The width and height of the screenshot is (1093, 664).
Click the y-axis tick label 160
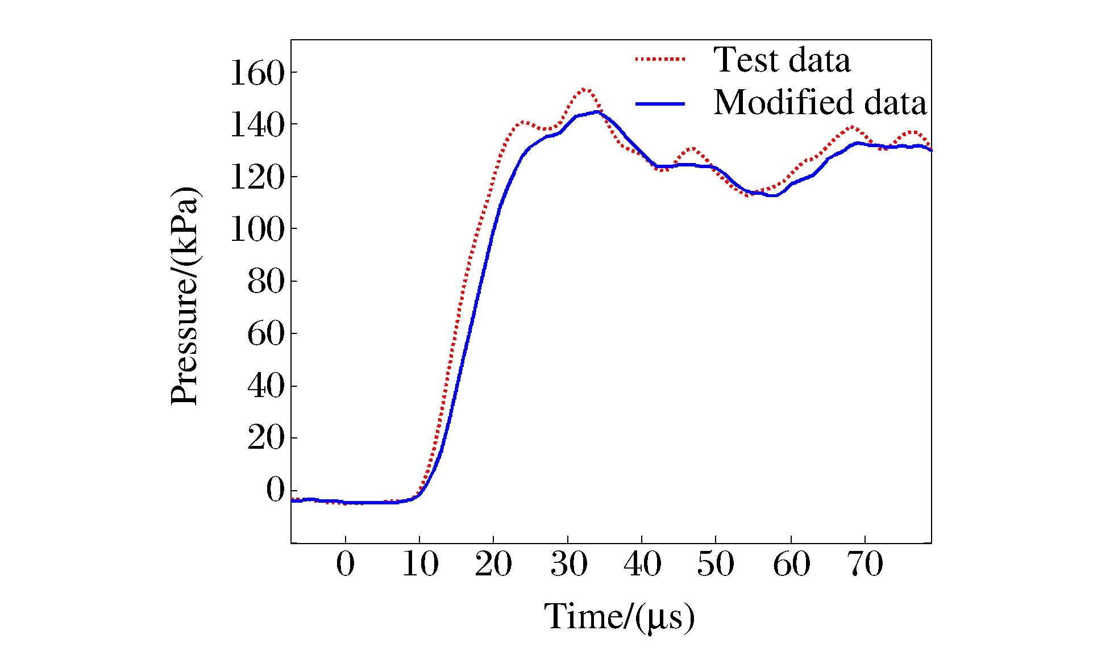point(256,73)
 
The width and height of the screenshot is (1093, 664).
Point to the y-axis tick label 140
point(256,126)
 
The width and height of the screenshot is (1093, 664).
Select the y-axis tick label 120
point(256,178)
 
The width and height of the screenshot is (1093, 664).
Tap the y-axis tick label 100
point(256,230)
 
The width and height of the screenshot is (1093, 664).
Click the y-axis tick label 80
point(265,282)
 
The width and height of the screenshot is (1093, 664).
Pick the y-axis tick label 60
point(265,334)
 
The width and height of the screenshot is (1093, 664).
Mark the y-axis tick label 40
point(265,387)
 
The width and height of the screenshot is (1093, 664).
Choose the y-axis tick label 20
point(265,439)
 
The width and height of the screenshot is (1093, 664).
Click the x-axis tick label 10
point(420,565)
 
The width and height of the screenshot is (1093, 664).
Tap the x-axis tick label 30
point(568,565)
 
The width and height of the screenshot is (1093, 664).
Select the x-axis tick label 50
point(716,565)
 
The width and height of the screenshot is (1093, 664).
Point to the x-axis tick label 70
point(865,565)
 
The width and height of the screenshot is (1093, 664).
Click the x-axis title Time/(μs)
point(620,617)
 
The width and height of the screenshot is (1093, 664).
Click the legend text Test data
point(782,60)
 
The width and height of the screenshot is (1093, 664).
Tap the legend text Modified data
point(820,103)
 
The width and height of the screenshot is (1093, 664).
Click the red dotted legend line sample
point(660,59)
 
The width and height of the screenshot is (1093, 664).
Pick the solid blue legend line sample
point(660,103)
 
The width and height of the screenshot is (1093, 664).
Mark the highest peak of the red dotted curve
point(585,89)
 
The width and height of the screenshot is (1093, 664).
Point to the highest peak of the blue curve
point(596,112)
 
